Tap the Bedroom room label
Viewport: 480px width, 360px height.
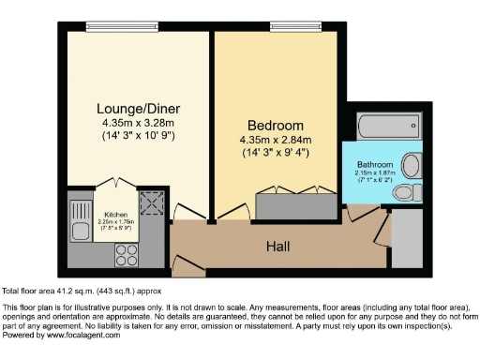276,126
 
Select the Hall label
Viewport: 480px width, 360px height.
276,247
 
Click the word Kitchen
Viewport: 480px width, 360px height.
115,213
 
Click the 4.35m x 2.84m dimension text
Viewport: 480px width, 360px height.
276,140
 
